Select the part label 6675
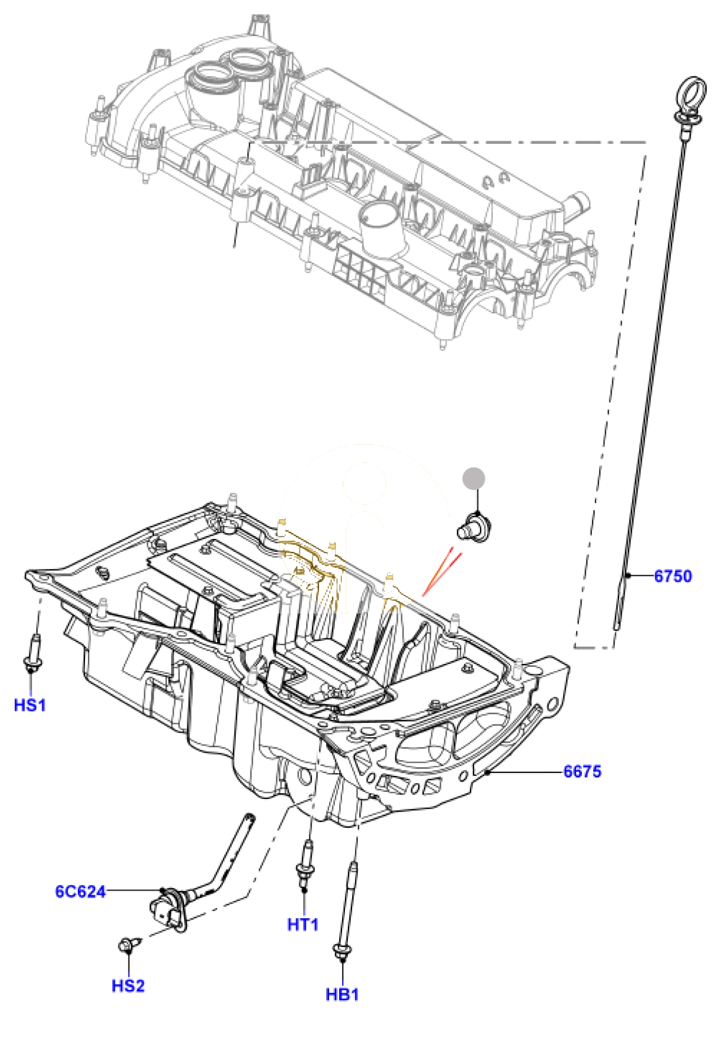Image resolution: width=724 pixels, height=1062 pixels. [582, 772]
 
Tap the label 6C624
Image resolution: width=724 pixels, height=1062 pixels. [80, 892]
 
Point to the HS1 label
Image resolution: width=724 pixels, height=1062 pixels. [30, 705]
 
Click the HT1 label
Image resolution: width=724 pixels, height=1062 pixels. [303, 925]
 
